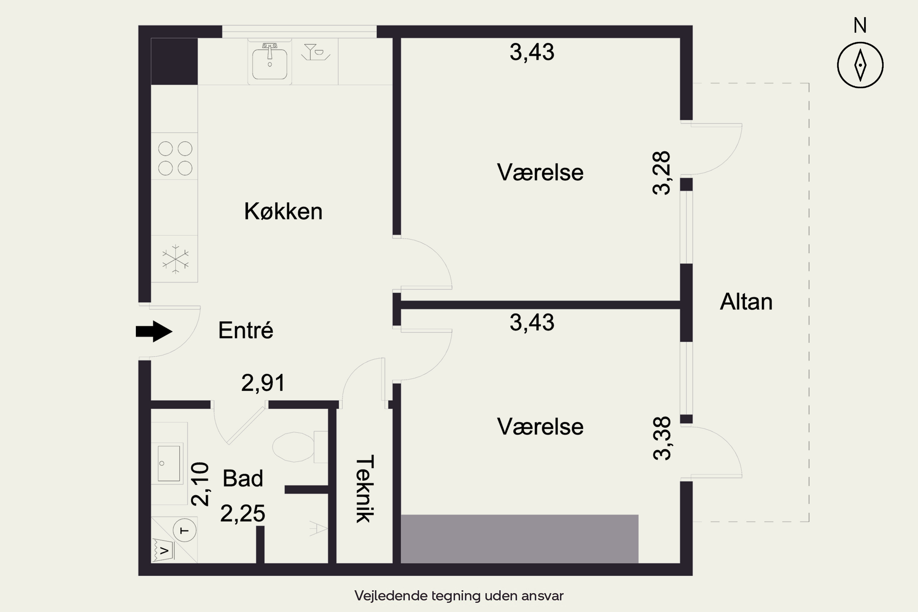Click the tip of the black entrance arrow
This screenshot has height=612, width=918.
pyautogui.click(x=172, y=332)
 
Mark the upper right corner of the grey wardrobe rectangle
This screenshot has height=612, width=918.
pyautogui.click(x=639, y=515)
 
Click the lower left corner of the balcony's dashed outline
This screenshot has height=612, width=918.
pyautogui.click(x=693, y=521)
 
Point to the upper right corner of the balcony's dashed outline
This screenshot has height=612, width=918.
pyautogui.click(x=809, y=83)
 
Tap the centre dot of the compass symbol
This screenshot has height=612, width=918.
pyautogui.click(x=860, y=65)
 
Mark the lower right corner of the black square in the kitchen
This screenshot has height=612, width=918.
pyautogui.click(x=197, y=85)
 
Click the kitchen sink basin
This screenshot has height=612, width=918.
pyautogui.click(x=270, y=64)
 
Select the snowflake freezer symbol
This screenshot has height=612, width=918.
pyautogui.click(x=176, y=259)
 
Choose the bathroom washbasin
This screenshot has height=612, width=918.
pyautogui.click(x=169, y=463)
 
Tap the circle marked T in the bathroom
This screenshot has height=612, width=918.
pyautogui.click(x=184, y=530)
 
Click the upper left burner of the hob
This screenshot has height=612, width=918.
pyautogui.click(x=166, y=149)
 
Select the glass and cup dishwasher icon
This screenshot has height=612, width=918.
pyautogui.click(x=316, y=52)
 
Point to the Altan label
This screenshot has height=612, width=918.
pyautogui.click(x=746, y=302)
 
